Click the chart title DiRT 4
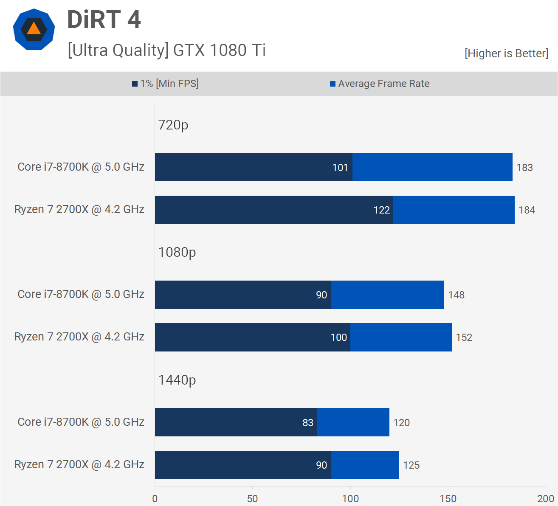[104, 20]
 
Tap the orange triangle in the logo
[34, 29]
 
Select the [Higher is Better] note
[506, 53]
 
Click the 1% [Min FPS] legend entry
[166, 84]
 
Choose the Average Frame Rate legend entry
[380, 84]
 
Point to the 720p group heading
[173, 125]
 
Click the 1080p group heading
[177, 252]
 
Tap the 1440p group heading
[177, 380]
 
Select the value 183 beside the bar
[524, 168]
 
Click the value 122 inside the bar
[381, 210]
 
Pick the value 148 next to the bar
[456, 295]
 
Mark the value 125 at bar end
[411, 465]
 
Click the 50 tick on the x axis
[253, 499]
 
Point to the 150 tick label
[448, 499]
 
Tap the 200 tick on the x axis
[545, 499]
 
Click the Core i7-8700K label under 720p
[81, 167]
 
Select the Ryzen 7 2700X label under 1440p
[79, 464]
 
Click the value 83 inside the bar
[308, 423]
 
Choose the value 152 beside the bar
[464, 337]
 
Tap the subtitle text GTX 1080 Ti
[219, 51]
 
